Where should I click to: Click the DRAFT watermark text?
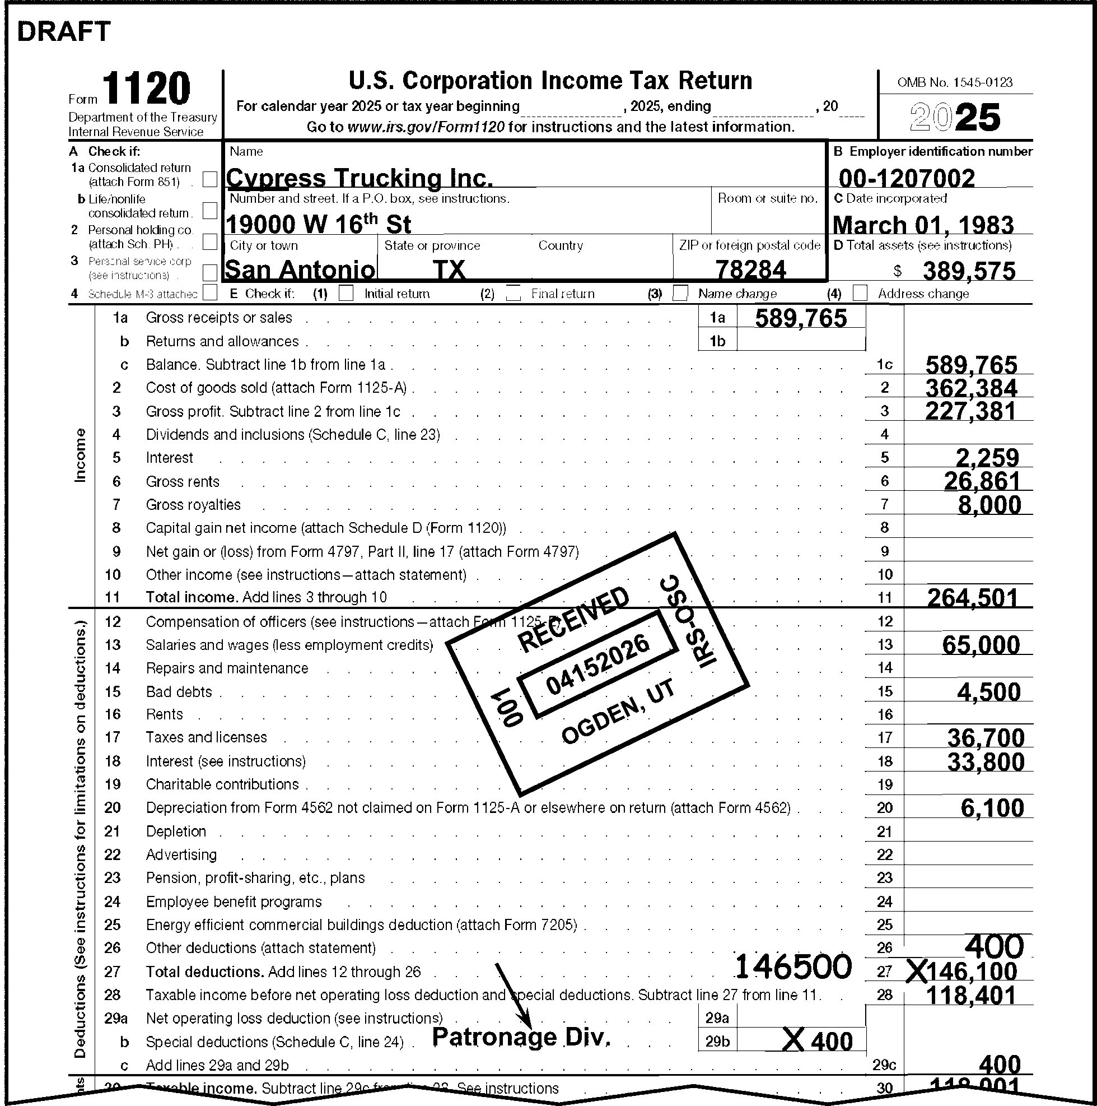(x=63, y=32)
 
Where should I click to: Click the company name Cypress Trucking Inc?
(x=360, y=178)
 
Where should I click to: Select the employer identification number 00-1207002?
(x=907, y=178)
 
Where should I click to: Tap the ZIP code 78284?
(x=751, y=269)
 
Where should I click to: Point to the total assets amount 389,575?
(x=969, y=271)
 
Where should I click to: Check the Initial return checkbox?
(x=346, y=293)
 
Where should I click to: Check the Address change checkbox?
(x=860, y=293)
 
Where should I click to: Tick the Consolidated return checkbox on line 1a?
(x=210, y=179)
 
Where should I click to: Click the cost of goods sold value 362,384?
(x=971, y=388)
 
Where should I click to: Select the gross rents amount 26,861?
(x=982, y=481)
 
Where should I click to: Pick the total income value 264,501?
(x=972, y=598)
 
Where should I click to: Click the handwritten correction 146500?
(x=792, y=967)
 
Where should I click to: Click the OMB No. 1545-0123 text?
(x=955, y=82)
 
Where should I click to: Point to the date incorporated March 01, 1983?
(x=923, y=225)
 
